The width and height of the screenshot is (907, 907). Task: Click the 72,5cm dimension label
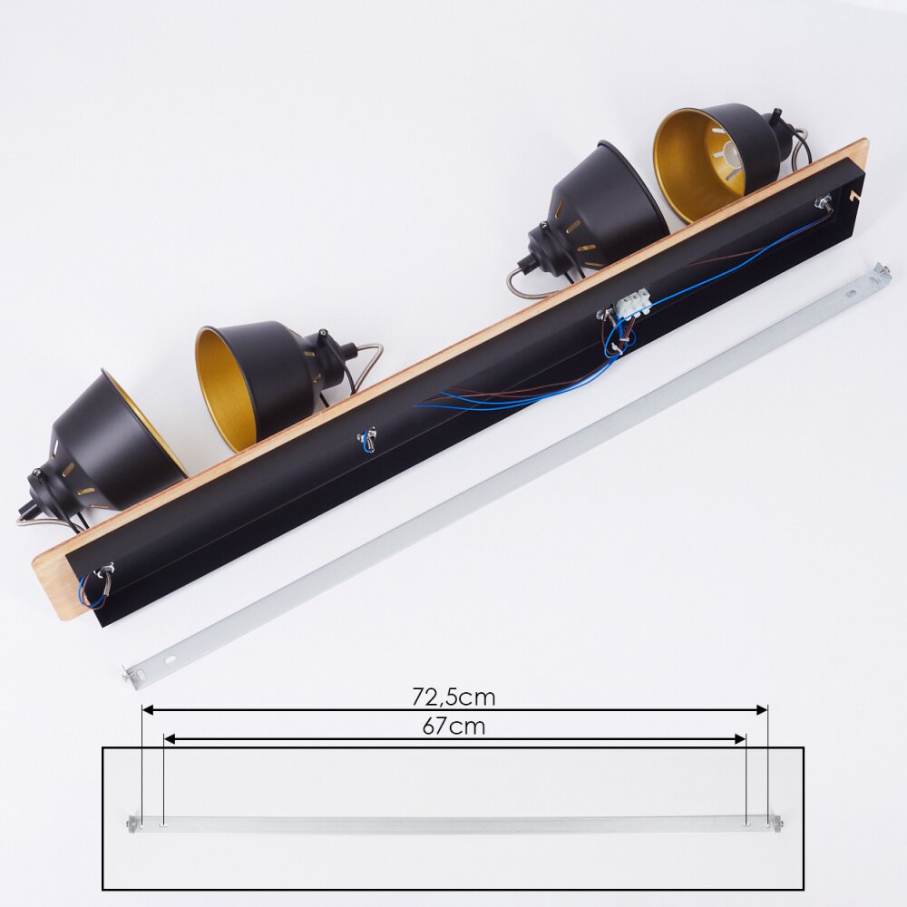(x=453, y=697)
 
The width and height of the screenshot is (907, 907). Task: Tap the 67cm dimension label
(x=453, y=727)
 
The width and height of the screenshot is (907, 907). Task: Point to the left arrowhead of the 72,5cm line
(x=148, y=710)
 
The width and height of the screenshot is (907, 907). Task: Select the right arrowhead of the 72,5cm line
(x=762, y=710)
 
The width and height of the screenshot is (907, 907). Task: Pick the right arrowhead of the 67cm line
(x=740, y=739)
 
